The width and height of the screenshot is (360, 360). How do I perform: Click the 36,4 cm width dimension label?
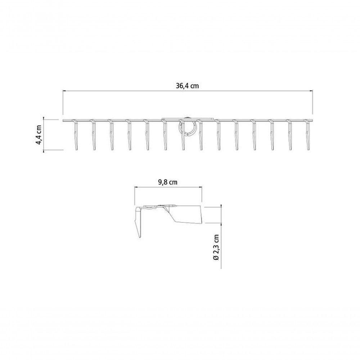click(187, 86)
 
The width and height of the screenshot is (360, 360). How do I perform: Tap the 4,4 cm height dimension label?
click(39, 135)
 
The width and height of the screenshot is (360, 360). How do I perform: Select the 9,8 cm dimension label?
click(168, 182)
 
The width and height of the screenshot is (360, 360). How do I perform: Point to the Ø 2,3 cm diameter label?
click(216, 247)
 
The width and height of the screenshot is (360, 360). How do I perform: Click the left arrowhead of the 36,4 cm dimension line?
click(65, 91)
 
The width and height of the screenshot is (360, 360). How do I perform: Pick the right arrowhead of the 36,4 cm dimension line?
click(311, 91)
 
